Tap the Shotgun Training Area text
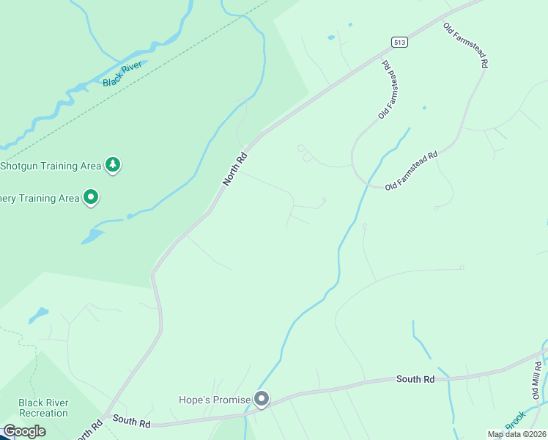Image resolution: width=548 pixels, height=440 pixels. pyautogui.click(x=50, y=166)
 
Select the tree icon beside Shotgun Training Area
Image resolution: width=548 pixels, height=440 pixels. pyautogui.click(x=112, y=165)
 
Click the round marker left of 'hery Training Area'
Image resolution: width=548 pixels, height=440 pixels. pyautogui.click(x=91, y=197)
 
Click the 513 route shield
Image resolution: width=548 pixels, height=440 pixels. pyautogui.click(x=399, y=43)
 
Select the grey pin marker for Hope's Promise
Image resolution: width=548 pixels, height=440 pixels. pyautogui.click(x=262, y=400)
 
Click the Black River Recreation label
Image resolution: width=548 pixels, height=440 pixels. pyautogui.click(x=43, y=408)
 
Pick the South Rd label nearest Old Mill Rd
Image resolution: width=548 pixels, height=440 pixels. pyautogui.click(x=415, y=379)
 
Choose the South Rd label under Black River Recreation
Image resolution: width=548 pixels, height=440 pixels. pyautogui.click(x=131, y=424)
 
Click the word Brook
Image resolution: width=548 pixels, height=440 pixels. pyautogui.click(x=515, y=420)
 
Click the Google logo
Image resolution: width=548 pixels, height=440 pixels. pyautogui.click(x=24, y=431)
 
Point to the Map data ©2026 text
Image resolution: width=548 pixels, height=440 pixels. pyautogui.click(x=516, y=434)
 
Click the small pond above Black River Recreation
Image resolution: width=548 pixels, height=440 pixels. pyautogui.click(x=38, y=315)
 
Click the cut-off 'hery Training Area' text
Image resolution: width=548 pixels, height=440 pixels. pyautogui.click(x=40, y=198)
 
